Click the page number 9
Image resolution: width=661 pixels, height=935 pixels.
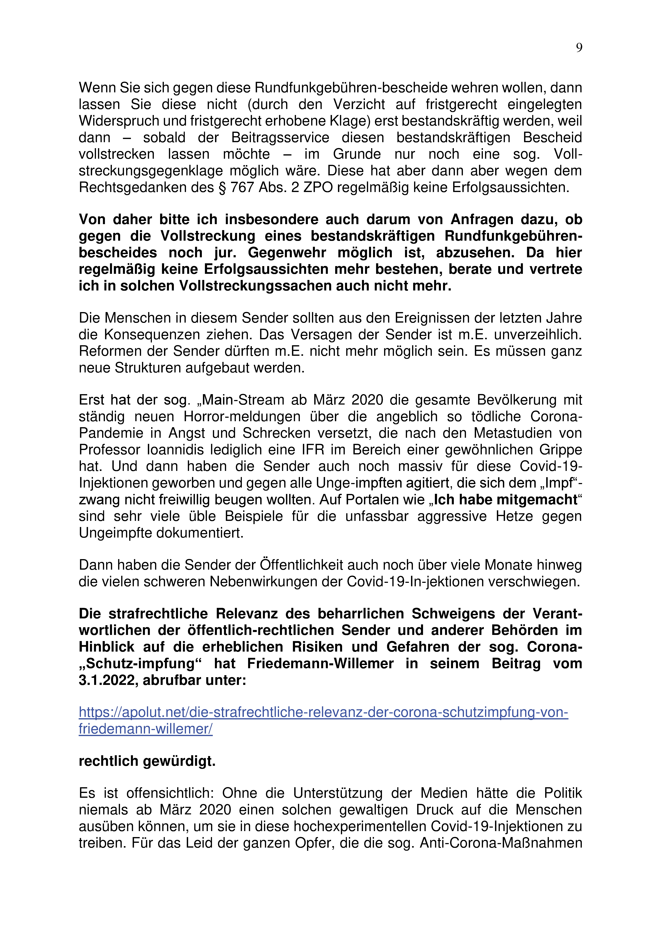[579, 48]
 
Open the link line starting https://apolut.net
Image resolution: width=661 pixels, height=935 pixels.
[323, 712]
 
